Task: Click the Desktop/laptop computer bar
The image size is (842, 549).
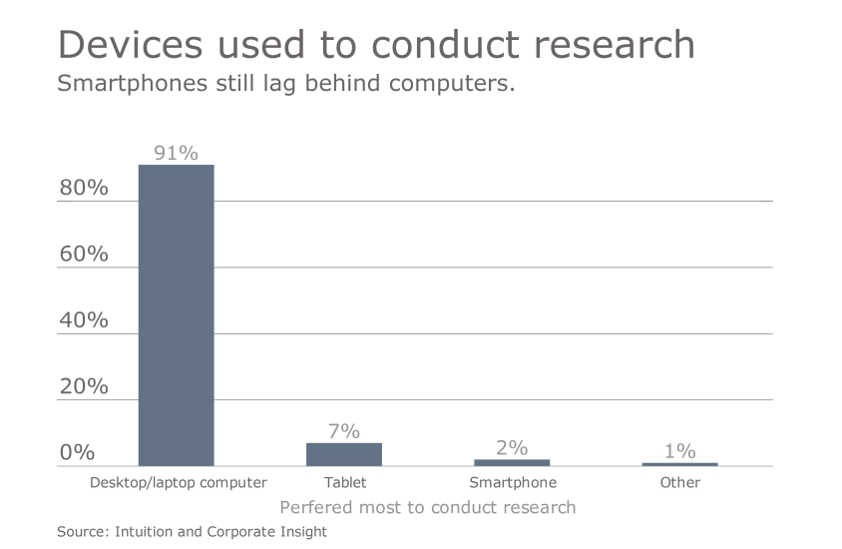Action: point(176,315)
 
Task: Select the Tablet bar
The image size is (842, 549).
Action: point(344,454)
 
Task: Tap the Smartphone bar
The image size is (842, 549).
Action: point(512,462)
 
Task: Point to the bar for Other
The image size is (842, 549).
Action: point(679,464)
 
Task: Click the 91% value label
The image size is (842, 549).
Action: point(176,153)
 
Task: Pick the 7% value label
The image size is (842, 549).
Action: point(344,431)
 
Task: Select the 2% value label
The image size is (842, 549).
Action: point(512,448)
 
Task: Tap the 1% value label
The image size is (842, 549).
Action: point(679,451)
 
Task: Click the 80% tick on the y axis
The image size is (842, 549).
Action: point(84,188)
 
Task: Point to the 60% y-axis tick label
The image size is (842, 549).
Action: point(84,254)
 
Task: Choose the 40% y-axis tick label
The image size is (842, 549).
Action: point(84,320)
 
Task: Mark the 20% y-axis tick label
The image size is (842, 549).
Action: point(84,386)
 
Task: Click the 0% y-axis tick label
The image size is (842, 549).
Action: point(77,452)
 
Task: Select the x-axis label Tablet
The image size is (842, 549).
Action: point(345,483)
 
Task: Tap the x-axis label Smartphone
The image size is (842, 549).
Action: point(513,483)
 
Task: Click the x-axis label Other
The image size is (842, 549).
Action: point(680,483)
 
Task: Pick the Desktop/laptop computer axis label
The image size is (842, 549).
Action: point(179,483)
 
